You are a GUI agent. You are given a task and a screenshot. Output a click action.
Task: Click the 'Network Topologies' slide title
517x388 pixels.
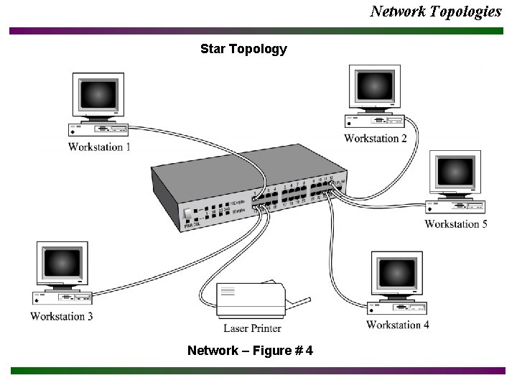click(x=436, y=11)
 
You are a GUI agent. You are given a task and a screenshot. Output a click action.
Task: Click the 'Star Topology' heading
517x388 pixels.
click(x=243, y=50)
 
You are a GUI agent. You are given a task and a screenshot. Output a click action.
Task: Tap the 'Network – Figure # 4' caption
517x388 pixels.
click(x=250, y=351)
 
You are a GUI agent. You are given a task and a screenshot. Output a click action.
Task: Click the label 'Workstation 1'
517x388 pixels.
click(x=99, y=147)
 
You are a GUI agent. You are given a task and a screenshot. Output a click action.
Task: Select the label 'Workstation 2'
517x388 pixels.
click(x=376, y=138)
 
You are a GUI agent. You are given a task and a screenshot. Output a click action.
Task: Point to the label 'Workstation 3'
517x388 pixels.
click(x=62, y=316)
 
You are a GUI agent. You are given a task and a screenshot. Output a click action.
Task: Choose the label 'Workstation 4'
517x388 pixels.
click(x=398, y=325)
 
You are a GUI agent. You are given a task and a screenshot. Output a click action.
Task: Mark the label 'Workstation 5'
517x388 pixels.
click(x=456, y=223)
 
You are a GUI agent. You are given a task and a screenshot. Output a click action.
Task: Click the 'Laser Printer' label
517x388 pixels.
click(x=252, y=328)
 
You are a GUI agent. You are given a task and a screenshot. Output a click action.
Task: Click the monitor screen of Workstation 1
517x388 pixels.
click(x=98, y=95)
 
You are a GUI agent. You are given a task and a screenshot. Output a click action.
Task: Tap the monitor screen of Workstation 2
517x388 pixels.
click(x=373, y=88)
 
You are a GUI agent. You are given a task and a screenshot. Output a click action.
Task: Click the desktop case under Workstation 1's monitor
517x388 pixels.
click(x=99, y=129)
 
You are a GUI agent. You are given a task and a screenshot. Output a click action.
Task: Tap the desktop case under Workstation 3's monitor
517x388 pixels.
click(x=62, y=297)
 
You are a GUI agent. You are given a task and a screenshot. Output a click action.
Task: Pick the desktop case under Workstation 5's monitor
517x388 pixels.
click(x=457, y=207)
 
